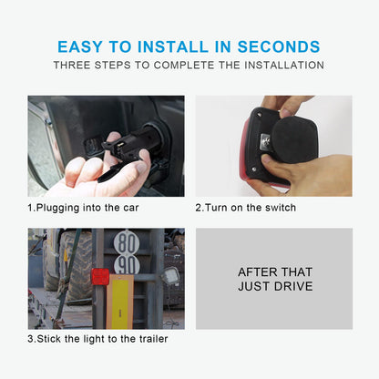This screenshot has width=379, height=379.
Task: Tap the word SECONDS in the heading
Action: [x=279, y=46]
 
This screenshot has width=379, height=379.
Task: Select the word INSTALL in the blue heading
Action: [x=173, y=46]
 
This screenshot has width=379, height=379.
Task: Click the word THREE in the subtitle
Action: [x=72, y=65]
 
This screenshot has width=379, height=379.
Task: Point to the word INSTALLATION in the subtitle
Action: [x=284, y=65]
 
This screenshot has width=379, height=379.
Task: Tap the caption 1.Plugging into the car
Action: [x=83, y=208]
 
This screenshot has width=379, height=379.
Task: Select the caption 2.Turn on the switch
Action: [x=246, y=208]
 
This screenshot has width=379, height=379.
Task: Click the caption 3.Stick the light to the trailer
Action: [x=97, y=339]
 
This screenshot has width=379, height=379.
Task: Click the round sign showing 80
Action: [x=127, y=243]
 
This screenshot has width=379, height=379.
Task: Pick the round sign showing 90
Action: [x=127, y=266]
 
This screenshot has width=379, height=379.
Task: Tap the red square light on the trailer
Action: [x=100, y=277]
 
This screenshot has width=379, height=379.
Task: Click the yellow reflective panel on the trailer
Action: [x=119, y=302]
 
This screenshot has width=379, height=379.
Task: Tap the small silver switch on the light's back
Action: [x=265, y=141]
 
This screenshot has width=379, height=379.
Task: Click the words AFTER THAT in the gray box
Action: [x=275, y=272]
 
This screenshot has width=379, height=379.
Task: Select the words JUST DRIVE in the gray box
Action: [x=275, y=286]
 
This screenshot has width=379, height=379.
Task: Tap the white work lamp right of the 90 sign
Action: [x=171, y=276]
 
